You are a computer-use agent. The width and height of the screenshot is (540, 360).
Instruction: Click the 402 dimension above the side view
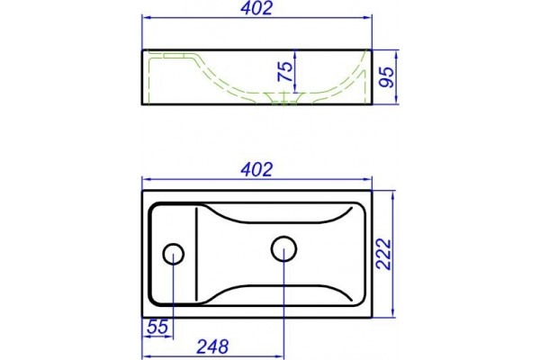coord(256,8)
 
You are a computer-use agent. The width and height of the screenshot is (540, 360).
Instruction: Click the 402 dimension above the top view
coord(256,169)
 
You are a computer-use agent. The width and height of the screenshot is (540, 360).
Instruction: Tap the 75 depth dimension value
coord(285,72)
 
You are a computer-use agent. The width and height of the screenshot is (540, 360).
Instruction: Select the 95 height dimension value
coord(386,76)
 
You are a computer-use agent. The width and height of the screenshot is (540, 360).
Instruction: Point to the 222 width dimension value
coord(383,254)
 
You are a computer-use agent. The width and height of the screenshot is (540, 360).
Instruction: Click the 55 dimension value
coord(157,327)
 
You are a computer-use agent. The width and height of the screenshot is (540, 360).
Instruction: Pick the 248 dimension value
coord(212,346)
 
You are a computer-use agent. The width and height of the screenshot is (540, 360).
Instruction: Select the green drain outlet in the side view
coord(283,98)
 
